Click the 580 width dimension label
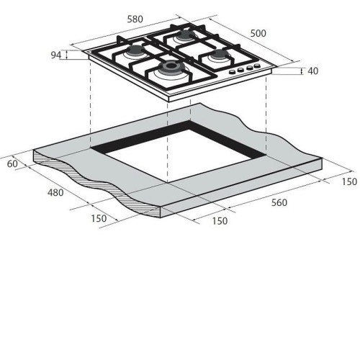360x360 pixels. point(135,19)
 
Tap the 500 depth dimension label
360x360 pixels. point(258,33)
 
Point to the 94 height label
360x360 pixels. point(56,55)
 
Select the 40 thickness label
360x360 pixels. point(313,71)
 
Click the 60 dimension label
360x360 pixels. point(12,164)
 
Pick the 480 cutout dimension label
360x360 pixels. point(55,192)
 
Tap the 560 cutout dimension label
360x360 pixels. point(279,202)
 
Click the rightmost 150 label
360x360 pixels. point(349,181)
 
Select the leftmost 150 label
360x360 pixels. point(99,218)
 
